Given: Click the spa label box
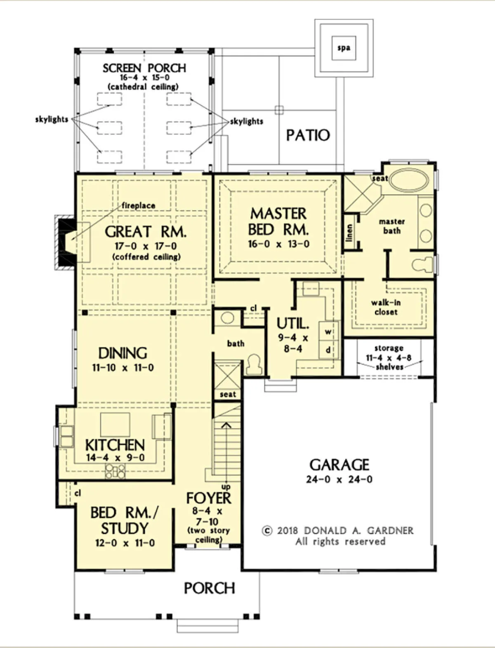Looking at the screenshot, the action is pyautogui.click(x=344, y=48).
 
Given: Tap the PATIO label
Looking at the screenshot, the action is pyautogui.click(x=308, y=135).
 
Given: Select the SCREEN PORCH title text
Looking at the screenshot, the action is pyautogui.click(x=144, y=68).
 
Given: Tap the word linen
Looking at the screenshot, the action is pyautogui.click(x=349, y=233).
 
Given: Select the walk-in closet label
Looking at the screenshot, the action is pyautogui.click(x=386, y=307).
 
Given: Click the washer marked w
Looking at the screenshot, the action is pyautogui.click(x=328, y=332).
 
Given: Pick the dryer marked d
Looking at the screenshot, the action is pyautogui.click(x=328, y=350).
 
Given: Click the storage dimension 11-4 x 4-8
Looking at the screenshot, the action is pyautogui.click(x=389, y=358).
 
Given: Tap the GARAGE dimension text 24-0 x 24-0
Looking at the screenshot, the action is pyautogui.click(x=339, y=479).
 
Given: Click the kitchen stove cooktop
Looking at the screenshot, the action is pyautogui.click(x=115, y=471).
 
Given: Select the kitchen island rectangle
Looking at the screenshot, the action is pyautogui.click(x=115, y=424).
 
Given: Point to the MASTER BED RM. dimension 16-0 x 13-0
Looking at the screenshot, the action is pyautogui.click(x=278, y=244).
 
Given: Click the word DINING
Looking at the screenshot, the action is pyautogui.click(x=123, y=353).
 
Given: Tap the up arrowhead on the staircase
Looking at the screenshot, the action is pyautogui.click(x=226, y=425).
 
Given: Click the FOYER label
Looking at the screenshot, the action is pyautogui.click(x=209, y=498).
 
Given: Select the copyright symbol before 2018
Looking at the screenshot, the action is pyautogui.click(x=267, y=531).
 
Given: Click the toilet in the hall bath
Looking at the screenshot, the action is pyautogui.click(x=254, y=365).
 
